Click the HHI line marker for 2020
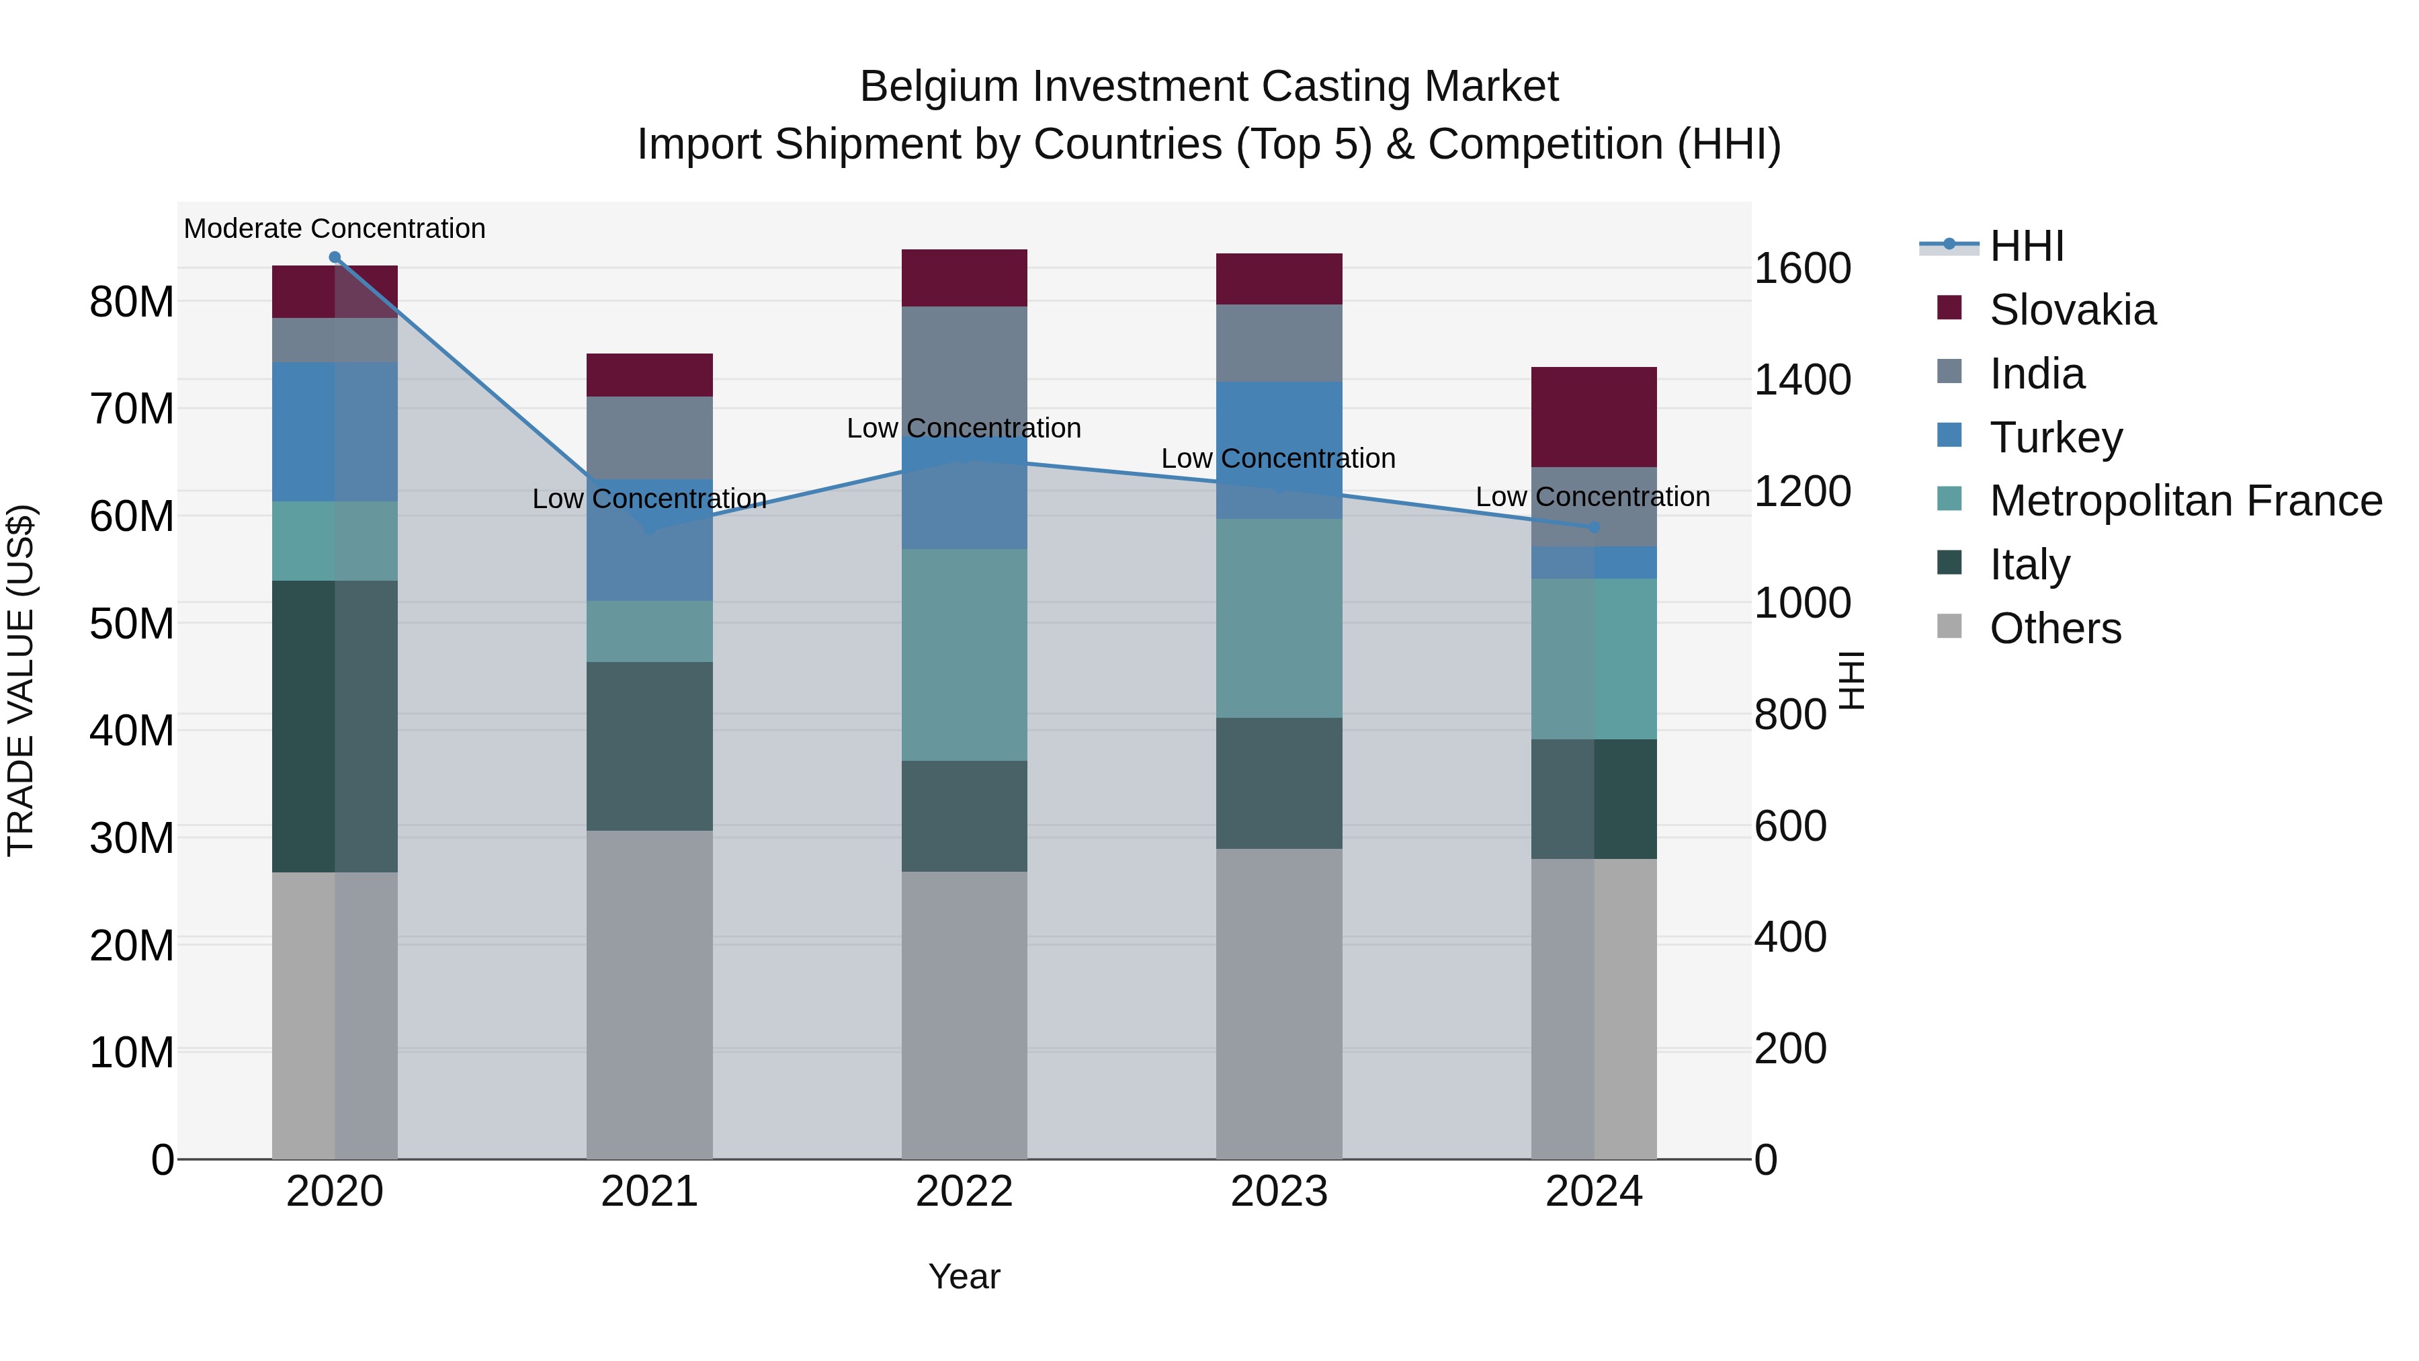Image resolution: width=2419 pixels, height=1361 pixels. click(x=335, y=257)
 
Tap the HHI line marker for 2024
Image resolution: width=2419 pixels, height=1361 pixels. click(x=1594, y=528)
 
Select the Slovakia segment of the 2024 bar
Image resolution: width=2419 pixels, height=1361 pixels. click(x=1594, y=417)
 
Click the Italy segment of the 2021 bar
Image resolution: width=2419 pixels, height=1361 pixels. click(x=649, y=746)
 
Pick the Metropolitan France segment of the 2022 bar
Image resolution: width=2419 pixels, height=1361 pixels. click(x=964, y=655)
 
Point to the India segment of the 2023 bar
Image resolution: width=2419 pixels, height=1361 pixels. click(x=1278, y=343)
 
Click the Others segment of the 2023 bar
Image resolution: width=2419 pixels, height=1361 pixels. click(x=1278, y=1003)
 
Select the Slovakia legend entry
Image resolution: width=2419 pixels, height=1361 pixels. click(x=2072, y=310)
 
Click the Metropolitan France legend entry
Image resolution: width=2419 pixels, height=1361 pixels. click(x=2184, y=501)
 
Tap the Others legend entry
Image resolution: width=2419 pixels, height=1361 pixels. click(x=2055, y=628)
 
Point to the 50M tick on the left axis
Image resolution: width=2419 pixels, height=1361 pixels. click(x=132, y=624)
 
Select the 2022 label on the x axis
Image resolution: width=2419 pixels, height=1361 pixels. click(x=964, y=1192)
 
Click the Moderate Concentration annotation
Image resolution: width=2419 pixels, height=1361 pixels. click(x=335, y=229)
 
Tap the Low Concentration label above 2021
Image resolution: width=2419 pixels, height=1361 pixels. click(x=649, y=499)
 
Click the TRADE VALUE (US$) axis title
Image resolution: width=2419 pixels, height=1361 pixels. click(x=21, y=680)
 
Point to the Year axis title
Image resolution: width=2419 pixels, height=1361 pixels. click(x=964, y=1276)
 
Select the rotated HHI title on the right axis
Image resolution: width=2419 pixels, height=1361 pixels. click(x=1851, y=680)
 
